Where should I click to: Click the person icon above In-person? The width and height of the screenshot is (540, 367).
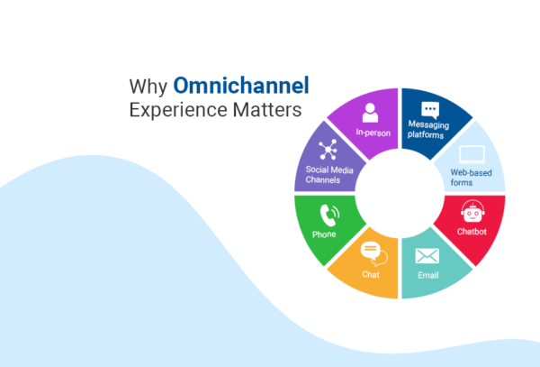point(369,112)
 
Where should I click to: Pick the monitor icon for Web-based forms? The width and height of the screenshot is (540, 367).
point(472,154)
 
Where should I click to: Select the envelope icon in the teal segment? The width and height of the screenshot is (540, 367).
point(427,255)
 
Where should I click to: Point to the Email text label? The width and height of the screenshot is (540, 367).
point(427,275)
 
